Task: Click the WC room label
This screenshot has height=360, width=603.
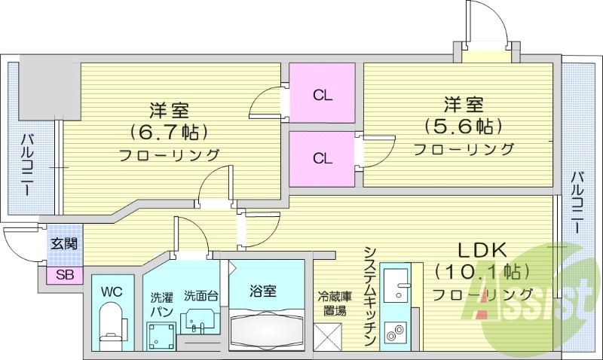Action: (111, 289)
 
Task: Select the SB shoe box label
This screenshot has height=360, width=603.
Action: (64, 276)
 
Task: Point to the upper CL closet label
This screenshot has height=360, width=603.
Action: (323, 96)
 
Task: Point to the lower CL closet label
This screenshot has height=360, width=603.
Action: (323, 158)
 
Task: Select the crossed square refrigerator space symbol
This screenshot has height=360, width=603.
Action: (327, 335)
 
